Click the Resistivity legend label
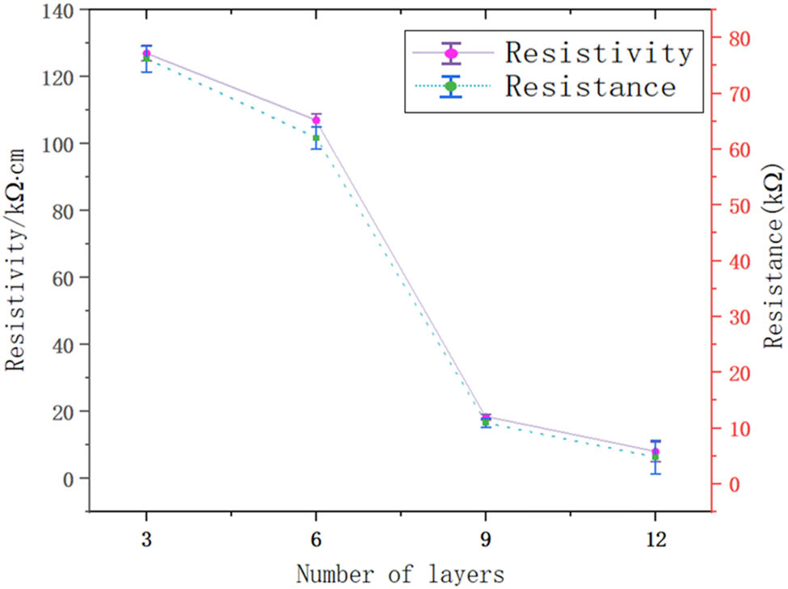[x=599, y=53]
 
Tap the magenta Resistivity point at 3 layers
[x=146, y=53]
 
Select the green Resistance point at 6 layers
[x=316, y=138]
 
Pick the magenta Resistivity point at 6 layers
[x=316, y=120]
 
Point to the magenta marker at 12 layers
[x=655, y=452]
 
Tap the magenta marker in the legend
[x=452, y=53]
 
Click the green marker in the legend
[x=452, y=86]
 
